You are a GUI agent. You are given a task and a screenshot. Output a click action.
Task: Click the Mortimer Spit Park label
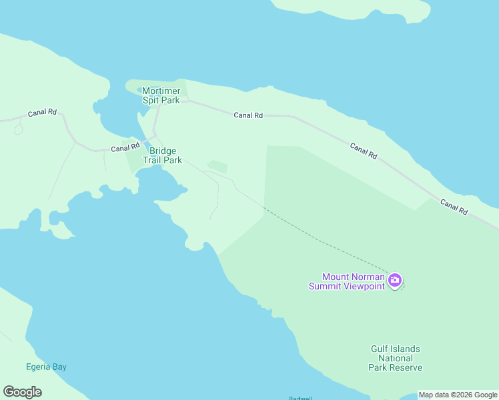tap(161, 95)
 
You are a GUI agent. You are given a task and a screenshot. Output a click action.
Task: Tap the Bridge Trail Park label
tap(163, 155)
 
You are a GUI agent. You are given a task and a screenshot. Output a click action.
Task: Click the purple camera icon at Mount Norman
tap(395, 280)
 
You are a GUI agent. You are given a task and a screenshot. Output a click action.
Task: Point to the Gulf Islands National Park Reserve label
tap(396, 358)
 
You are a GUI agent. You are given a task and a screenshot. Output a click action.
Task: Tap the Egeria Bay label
tap(47, 367)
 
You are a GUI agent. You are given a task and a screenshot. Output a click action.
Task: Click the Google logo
tap(22, 392)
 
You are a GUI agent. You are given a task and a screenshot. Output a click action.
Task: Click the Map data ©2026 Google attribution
tap(458, 395)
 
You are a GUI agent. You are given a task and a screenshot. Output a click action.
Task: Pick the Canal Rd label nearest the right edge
tap(454, 206)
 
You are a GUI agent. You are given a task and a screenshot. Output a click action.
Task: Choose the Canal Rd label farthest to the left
tap(41, 113)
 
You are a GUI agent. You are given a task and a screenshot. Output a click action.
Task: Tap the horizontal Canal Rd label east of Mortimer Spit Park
tap(248, 115)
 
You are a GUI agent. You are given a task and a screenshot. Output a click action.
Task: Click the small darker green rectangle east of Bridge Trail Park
tap(217, 167)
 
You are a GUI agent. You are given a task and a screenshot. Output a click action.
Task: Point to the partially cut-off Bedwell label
tap(300, 398)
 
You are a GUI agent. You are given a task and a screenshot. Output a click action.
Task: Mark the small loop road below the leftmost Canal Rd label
tap(18, 129)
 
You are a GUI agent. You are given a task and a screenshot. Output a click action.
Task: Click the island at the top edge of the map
tap(354, 8)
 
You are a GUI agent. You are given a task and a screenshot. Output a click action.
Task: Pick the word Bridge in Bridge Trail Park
tap(163, 151)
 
